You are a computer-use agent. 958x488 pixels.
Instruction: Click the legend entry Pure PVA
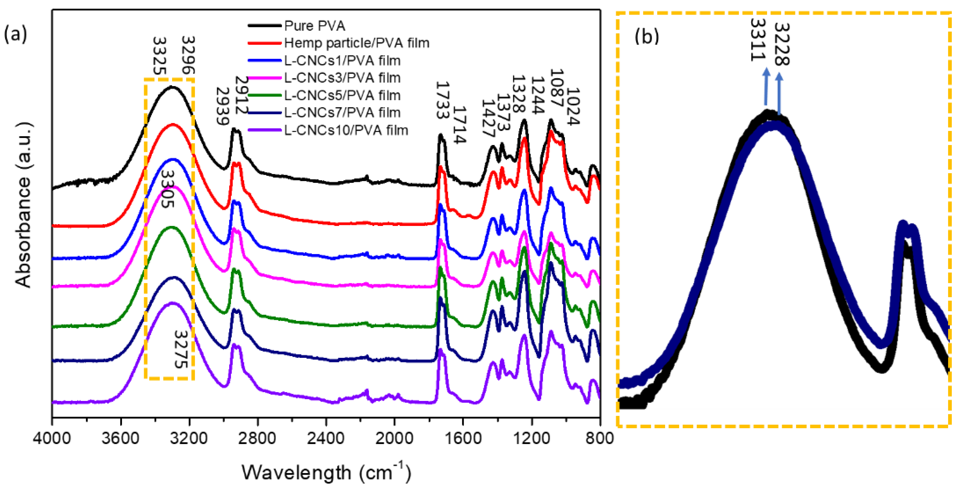[315, 26]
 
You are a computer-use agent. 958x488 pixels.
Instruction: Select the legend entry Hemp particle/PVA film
[357, 43]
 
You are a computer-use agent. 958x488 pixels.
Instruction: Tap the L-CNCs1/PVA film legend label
[342, 61]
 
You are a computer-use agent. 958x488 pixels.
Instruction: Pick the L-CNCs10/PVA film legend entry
[346, 130]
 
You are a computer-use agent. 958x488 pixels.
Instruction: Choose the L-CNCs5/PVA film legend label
[342, 96]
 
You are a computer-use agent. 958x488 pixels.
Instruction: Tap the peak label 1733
[442, 100]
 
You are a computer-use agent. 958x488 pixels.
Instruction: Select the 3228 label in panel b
[781, 44]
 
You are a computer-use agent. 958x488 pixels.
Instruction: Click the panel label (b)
[646, 36]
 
